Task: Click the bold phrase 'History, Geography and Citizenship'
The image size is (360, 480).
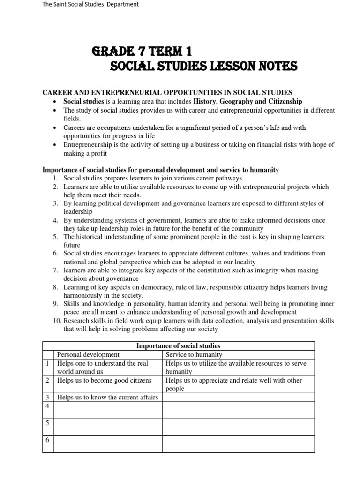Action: click(248, 101)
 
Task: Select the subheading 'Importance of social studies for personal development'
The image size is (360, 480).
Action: click(161, 169)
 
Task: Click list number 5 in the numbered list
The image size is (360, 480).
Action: click(55, 237)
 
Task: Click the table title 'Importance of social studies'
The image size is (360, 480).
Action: click(178, 346)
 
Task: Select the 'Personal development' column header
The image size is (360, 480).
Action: click(88, 355)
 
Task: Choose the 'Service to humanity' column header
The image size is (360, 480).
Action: click(194, 355)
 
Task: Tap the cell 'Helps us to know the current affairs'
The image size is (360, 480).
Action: click(107, 397)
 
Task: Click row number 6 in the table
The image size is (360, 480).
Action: click(48, 440)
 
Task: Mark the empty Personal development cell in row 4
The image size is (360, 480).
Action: click(108, 410)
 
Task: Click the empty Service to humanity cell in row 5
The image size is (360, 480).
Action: click(238, 427)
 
